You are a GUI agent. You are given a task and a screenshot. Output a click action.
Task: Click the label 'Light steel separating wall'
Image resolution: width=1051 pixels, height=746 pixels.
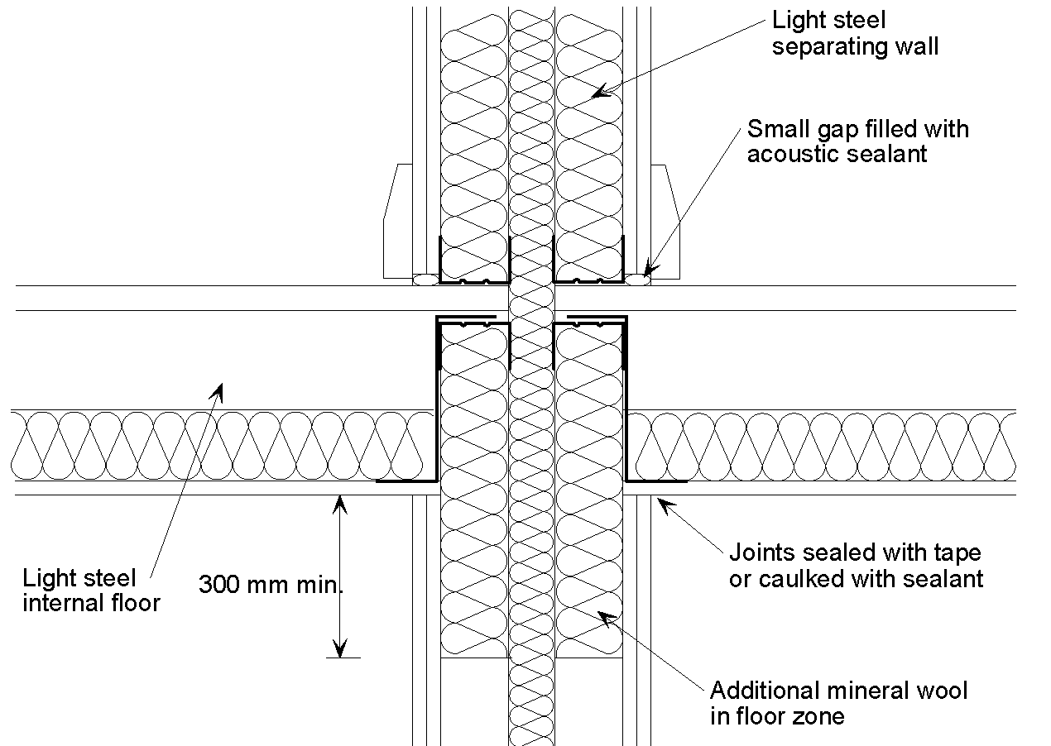[855, 32]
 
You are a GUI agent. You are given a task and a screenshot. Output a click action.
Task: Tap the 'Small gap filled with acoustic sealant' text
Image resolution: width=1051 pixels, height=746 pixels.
[857, 141]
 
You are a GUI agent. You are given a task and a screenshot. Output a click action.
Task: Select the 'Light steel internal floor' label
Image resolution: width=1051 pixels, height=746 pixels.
[91, 589]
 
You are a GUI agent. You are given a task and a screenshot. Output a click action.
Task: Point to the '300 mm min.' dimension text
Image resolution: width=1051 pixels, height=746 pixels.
[271, 585]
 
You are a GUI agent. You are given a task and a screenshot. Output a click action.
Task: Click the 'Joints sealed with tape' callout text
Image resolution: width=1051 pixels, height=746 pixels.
[855, 552]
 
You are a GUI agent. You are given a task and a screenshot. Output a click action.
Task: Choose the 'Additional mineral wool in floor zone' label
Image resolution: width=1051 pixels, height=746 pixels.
[838, 702]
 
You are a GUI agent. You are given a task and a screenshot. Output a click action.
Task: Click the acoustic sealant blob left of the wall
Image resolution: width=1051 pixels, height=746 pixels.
[425, 280]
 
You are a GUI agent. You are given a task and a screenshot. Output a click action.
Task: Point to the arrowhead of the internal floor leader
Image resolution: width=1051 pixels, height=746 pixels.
[218, 387]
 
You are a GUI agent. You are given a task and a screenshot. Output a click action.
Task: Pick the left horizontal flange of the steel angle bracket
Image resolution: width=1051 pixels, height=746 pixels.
[406, 481]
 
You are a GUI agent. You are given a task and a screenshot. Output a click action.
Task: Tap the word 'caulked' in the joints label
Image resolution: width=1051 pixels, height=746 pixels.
[799, 578]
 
